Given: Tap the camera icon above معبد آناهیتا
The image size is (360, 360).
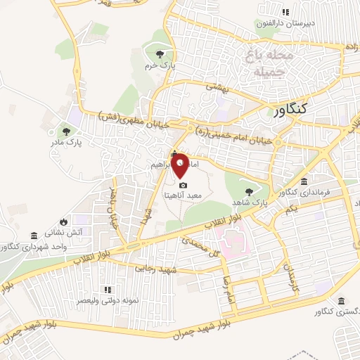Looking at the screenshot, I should tap(183, 185).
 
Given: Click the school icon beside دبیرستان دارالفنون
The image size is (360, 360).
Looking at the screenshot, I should tap(285, 12).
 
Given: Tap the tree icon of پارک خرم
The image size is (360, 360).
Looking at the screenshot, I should tap(160, 53).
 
